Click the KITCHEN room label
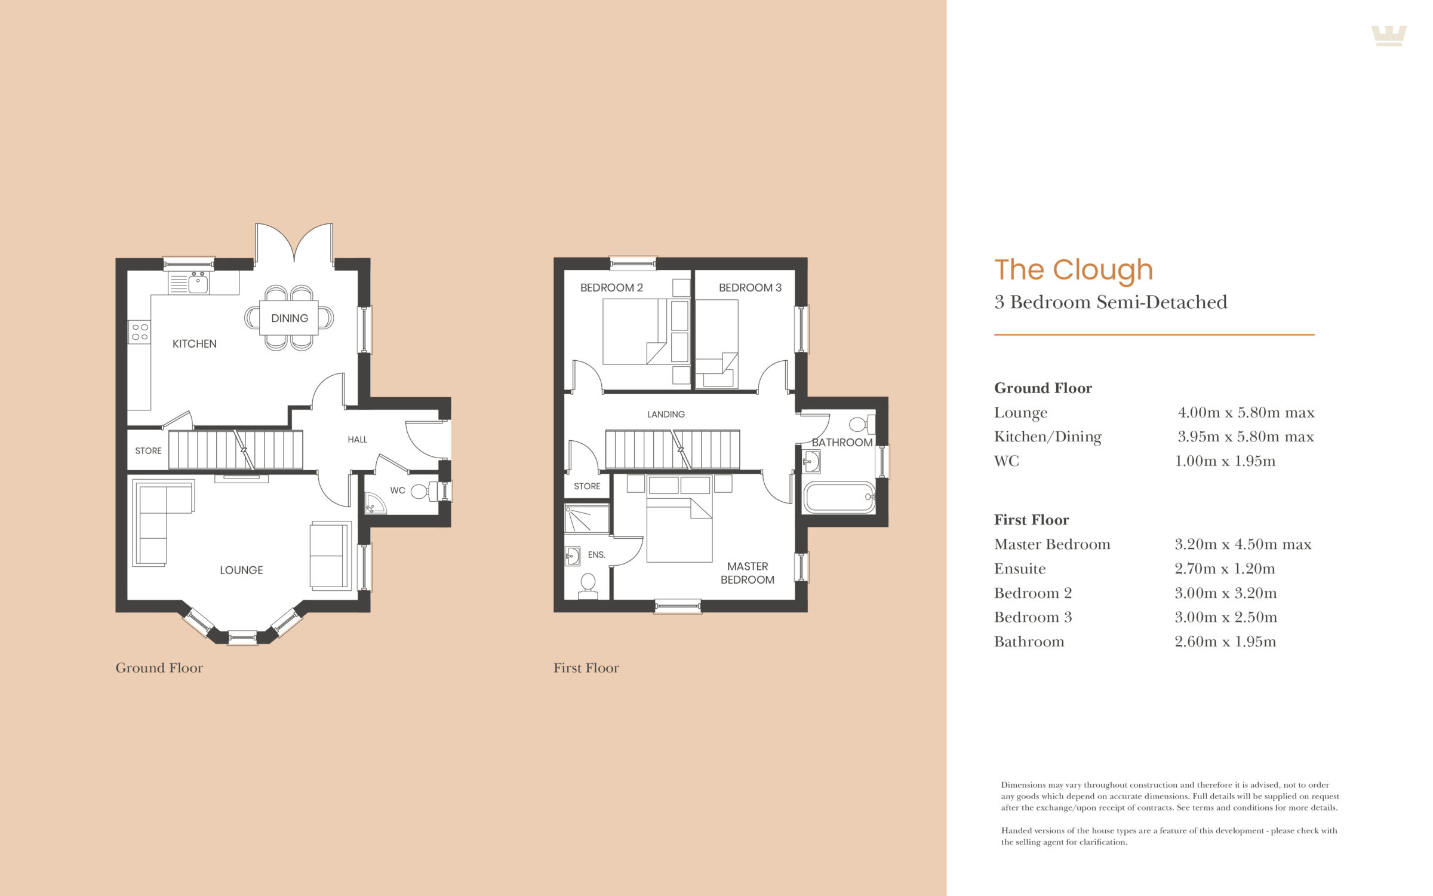point(194,343)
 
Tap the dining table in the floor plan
point(289,318)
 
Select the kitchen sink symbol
point(198,283)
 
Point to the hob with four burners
point(140,332)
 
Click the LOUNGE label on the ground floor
point(241,570)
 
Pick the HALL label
point(357,440)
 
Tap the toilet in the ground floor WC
point(425,492)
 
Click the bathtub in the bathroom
point(839,497)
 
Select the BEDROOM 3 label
point(750,287)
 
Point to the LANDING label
point(666,414)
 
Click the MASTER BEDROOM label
point(748,573)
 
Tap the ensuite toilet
point(588,585)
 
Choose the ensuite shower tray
point(587,518)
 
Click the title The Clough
point(1074,270)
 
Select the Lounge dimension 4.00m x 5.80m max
point(1246,413)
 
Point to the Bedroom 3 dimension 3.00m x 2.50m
point(1226,617)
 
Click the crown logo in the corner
point(1389,35)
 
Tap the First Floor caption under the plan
point(586,668)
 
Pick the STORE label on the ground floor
point(148,451)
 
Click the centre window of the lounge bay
point(242,639)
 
